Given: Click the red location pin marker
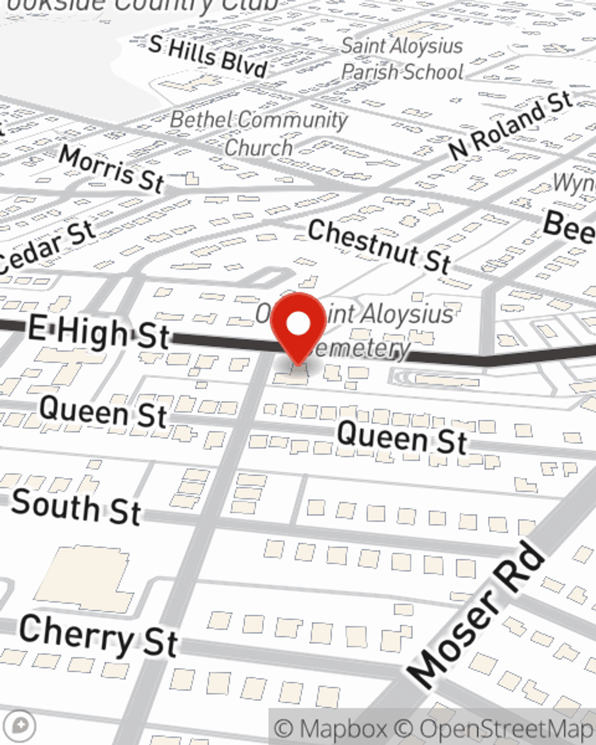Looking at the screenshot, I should click(298, 327).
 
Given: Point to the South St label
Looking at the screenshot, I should click(76, 507).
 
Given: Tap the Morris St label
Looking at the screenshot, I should click(112, 169).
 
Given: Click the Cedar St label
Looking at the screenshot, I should click(48, 248).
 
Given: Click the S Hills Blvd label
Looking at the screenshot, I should click(208, 56).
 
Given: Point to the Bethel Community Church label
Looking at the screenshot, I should click(259, 133).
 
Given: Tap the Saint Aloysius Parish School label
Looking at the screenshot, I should click(402, 59).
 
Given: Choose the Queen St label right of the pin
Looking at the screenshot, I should click(402, 437).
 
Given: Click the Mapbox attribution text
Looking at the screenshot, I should click(331, 729).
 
